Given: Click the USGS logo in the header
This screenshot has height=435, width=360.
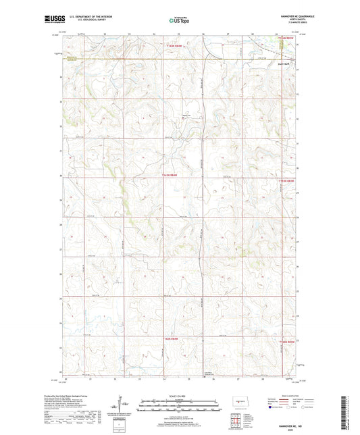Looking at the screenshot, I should click(51, 19).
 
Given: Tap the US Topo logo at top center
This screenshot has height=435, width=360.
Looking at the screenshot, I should click(179, 20).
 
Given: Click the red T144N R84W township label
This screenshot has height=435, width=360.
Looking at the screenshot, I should click(174, 46).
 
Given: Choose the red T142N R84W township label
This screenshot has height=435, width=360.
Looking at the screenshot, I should click(172, 338).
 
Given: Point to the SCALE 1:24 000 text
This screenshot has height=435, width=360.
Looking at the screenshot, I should click(179, 396).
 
